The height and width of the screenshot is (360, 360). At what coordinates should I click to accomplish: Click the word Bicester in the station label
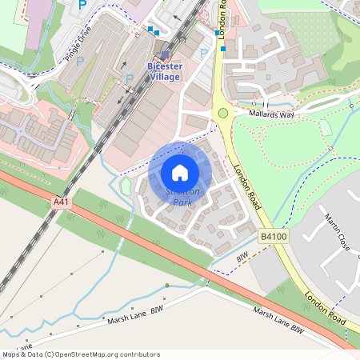(166, 66)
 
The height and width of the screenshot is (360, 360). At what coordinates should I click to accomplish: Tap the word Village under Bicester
(166, 77)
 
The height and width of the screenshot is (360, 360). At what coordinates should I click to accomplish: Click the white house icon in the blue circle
(180, 172)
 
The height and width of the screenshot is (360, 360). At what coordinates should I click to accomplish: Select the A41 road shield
(62, 203)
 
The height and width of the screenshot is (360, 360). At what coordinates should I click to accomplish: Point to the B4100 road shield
(272, 237)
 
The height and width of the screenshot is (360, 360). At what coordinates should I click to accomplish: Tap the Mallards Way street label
(272, 115)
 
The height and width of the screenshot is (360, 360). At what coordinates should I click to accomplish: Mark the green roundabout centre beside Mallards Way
(223, 113)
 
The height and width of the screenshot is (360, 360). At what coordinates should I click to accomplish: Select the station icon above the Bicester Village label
(166, 55)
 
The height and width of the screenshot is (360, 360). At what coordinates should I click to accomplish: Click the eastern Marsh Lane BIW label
(279, 320)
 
